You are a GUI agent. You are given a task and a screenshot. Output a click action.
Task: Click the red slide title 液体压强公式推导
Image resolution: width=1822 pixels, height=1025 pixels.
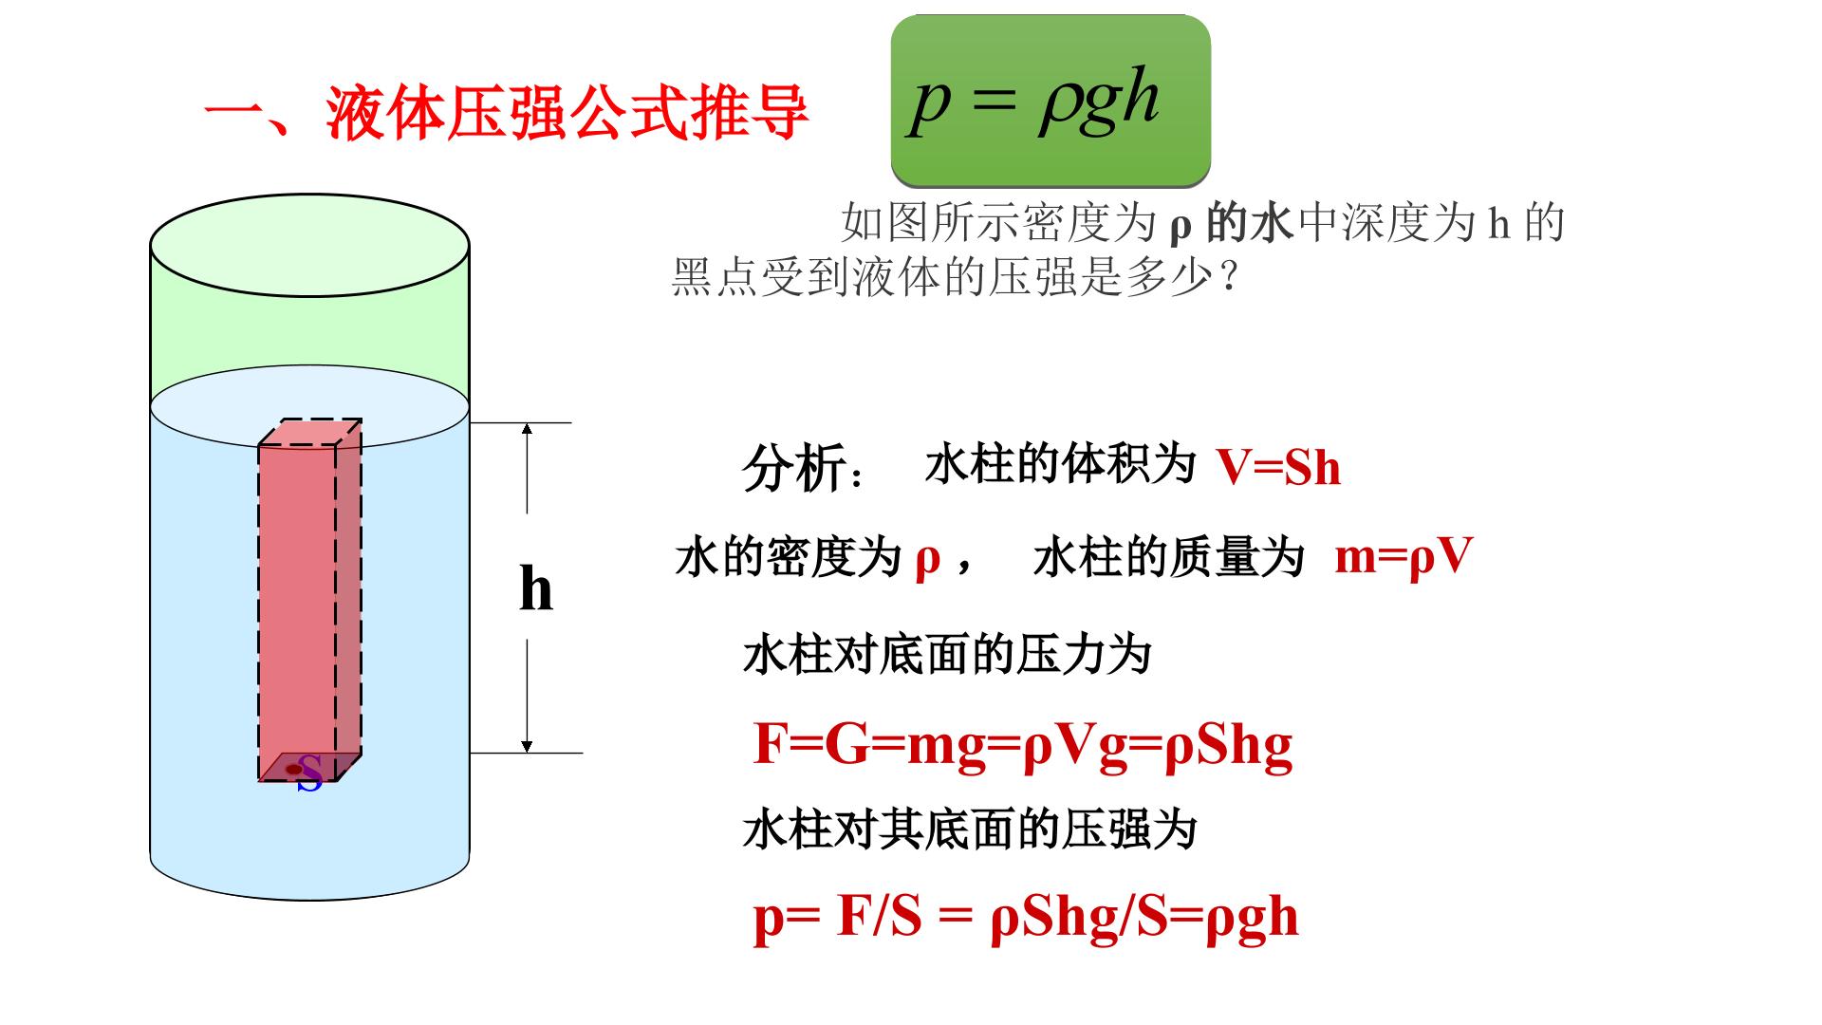[567, 114]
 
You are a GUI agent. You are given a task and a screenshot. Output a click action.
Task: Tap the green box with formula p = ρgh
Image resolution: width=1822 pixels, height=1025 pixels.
[1050, 100]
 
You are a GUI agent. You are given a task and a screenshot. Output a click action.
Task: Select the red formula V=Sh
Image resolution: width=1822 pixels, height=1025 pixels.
[1278, 469]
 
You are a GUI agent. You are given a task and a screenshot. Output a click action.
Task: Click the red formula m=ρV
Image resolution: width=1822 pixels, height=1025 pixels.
[1404, 557]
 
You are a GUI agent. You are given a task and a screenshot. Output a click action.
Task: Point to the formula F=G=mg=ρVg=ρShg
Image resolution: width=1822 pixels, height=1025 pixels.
[1023, 745]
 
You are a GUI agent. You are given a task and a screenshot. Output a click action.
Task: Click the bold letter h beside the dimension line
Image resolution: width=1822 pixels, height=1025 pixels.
[536, 588]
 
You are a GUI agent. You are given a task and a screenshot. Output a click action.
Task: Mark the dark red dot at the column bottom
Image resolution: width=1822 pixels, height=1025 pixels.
[293, 769]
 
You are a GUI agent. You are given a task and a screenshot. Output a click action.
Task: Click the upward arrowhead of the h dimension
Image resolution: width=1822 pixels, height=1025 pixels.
[528, 430]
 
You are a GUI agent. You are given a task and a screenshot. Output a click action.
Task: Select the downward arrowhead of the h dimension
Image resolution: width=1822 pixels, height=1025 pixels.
[528, 745]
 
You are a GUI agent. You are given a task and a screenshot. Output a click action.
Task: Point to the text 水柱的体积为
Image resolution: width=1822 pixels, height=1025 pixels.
[1060, 464]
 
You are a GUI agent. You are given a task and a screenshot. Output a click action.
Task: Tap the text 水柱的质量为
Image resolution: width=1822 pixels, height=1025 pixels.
[1169, 557]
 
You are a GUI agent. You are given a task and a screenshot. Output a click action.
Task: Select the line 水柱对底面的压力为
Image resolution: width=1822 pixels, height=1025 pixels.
[947, 655]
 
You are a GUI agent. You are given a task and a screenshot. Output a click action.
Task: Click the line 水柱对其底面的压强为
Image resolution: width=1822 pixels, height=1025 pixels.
[970, 830]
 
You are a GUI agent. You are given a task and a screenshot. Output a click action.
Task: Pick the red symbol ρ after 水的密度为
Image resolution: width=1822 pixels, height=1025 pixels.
[927, 560]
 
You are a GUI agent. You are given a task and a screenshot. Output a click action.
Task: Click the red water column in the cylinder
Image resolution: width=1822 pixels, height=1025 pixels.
[309, 600]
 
